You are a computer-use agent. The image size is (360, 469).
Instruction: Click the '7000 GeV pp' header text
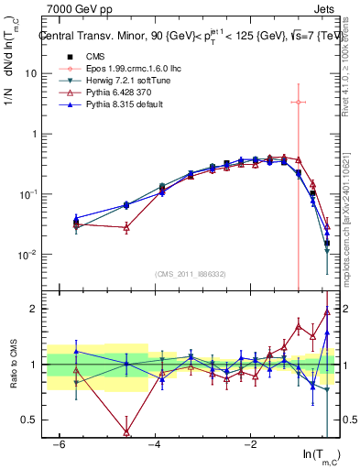point(76,10)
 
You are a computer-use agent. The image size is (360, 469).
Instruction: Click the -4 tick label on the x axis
point(154,443)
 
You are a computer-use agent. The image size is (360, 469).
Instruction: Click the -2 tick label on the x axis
point(250,443)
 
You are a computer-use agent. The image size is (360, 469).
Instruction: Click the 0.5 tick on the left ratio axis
point(28,420)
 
